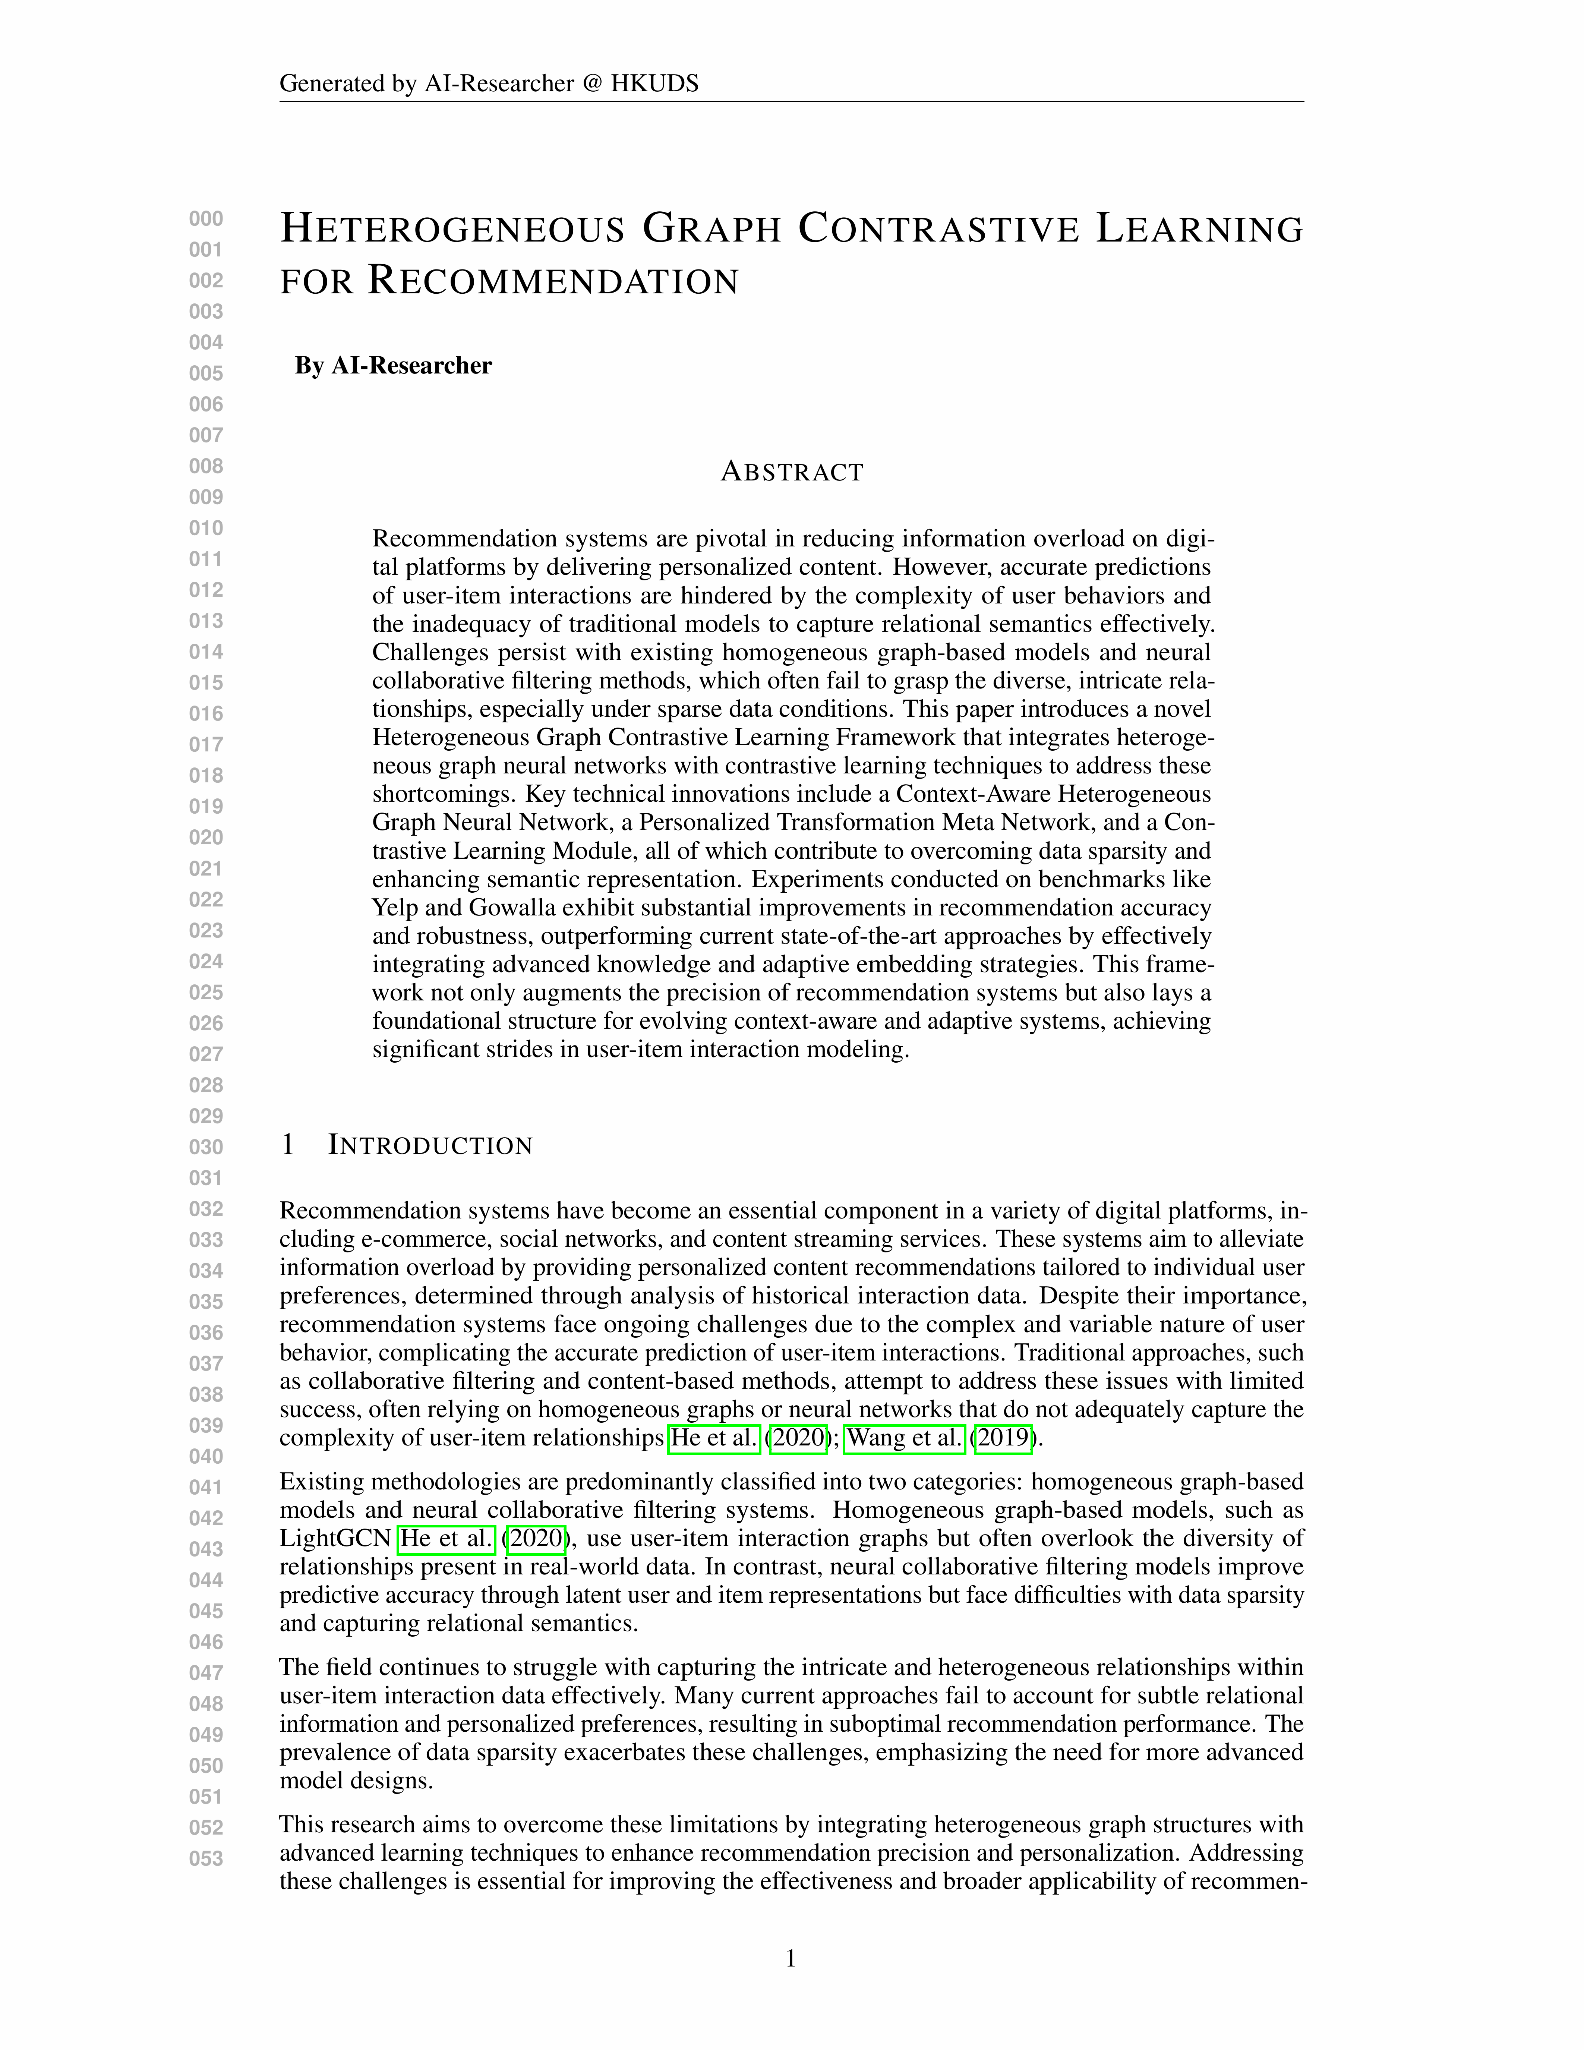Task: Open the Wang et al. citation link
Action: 905,1438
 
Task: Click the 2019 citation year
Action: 1004,1438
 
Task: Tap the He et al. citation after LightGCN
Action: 447,1539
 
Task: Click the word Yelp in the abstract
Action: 395,908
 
